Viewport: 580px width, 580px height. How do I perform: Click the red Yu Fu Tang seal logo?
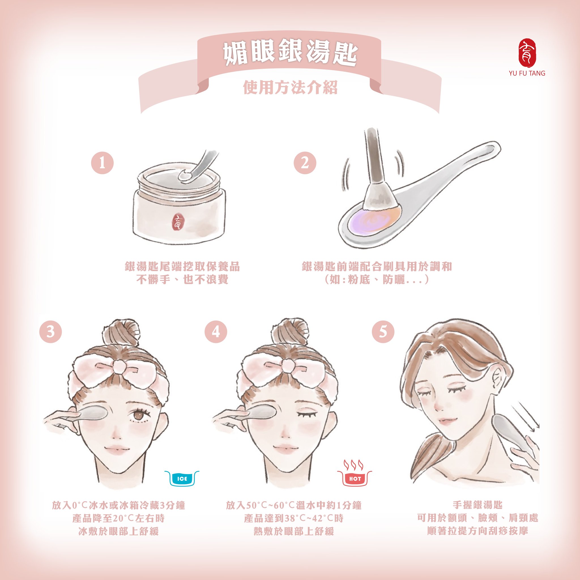coord(527,53)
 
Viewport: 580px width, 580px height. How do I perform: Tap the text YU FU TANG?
coord(527,73)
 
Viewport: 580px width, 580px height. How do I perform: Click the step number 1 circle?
coord(102,163)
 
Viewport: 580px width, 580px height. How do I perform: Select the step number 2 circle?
coord(305,163)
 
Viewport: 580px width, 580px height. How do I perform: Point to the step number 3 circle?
coord(50,332)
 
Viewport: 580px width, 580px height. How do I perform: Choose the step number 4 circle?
coord(216,332)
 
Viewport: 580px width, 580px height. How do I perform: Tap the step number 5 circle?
coord(383,332)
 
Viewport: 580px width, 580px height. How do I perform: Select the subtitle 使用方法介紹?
coord(290,87)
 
